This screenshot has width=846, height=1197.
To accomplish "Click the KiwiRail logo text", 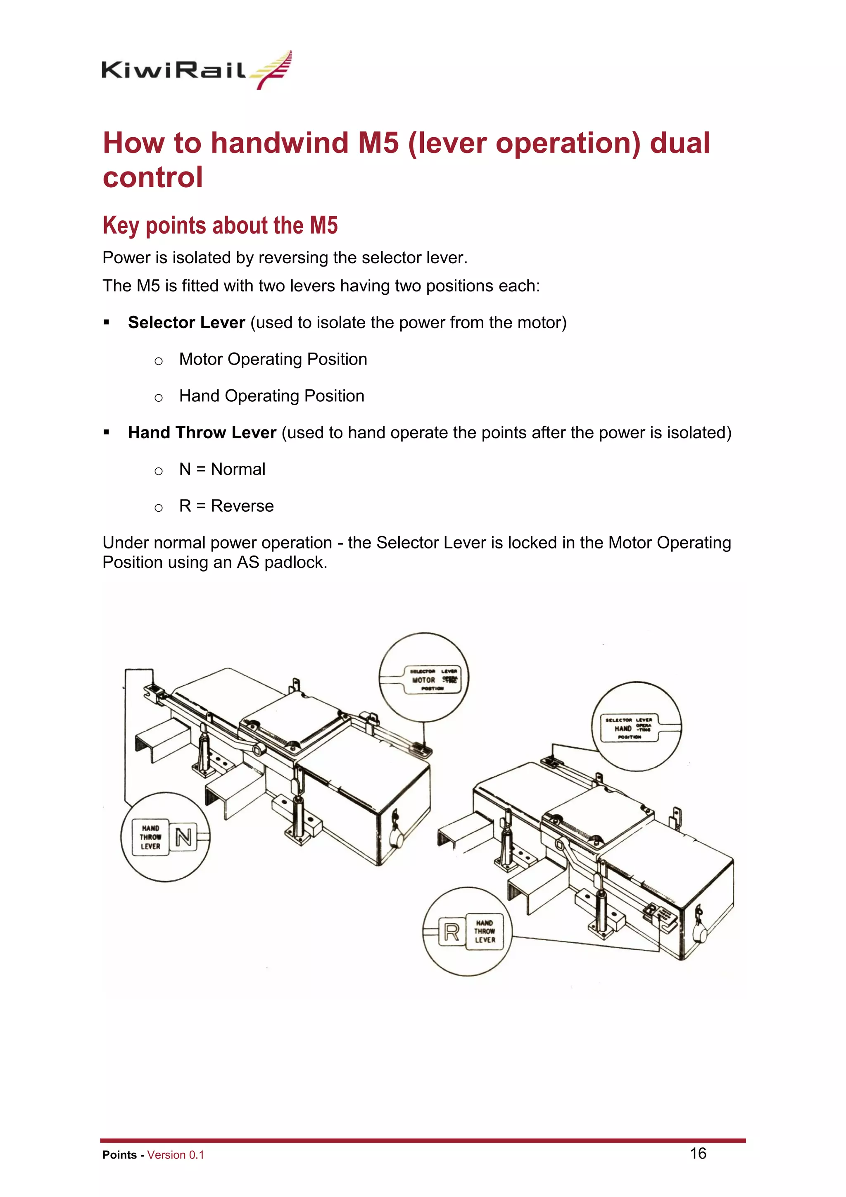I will tap(173, 70).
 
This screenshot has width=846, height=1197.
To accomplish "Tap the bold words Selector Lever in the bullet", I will tap(186, 323).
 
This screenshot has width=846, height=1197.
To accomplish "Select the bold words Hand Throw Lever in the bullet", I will tap(202, 433).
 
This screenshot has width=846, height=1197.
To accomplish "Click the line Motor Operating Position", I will tap(273, 359).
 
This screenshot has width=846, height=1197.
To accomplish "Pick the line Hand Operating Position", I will tap(271, 396).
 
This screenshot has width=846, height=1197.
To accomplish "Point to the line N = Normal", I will tap(222, 469).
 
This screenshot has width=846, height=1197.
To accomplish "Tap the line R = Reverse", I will tap(226, 506).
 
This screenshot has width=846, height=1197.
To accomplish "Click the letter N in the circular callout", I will tap(183, 837).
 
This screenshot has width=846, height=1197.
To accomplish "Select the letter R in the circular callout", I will tap(451, 932).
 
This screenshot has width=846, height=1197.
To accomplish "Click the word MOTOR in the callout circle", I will tap(423, 680).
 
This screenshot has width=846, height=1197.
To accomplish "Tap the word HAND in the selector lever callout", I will tap(623, 728).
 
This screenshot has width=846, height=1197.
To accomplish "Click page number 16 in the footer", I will tap(698, 1153).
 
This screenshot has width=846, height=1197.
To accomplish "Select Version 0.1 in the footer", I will tap(176, 1155).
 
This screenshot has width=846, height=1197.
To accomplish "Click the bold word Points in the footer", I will tap(119, 1155).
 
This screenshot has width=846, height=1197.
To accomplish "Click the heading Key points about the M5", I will tap(220, 226).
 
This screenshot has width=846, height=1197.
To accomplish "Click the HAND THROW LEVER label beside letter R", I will tap(485, 932).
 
